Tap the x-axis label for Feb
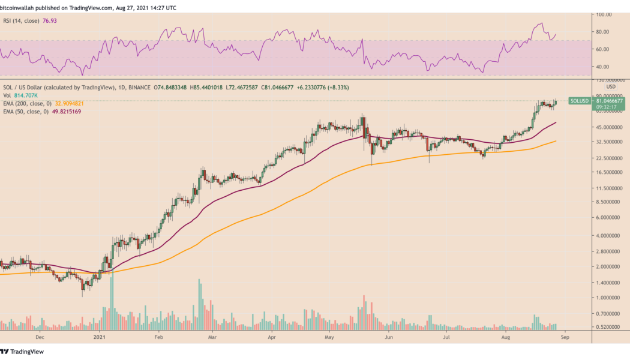(159, 338)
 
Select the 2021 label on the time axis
(100, 338)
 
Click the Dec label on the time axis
(40, 338)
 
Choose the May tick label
(330, 338)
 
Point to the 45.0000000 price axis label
(608, 127)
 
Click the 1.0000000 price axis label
(608, 298)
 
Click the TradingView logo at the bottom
(22, 352)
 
